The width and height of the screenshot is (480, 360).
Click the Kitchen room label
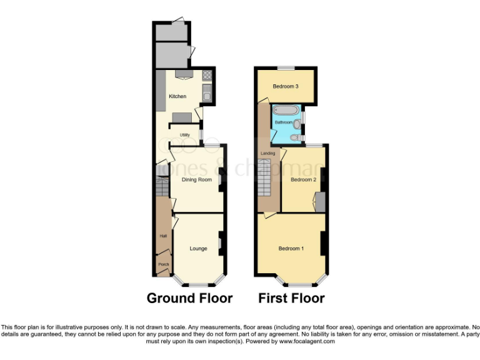click(177, 96)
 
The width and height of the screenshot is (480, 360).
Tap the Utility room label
click(185, 135)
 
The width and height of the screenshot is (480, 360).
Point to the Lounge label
click(198, 249)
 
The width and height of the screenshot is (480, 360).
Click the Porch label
click(163, 264)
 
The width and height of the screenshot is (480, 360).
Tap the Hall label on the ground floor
click(163, 236)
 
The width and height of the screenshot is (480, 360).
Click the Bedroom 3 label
click(284, 86)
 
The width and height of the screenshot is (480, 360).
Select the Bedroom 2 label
click(304, 180)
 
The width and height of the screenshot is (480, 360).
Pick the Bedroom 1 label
click(291, 249)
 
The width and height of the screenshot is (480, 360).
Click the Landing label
click(268, 153)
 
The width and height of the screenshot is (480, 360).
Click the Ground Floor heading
click(189, 298)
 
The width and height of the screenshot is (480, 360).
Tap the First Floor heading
click(291, 298)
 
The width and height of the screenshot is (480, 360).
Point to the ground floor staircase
click(162, 186)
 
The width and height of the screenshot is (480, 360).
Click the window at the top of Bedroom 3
click(287, 68)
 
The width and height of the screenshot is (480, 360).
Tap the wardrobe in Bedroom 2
click(320, 202)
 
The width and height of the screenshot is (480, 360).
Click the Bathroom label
click(283, 122)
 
